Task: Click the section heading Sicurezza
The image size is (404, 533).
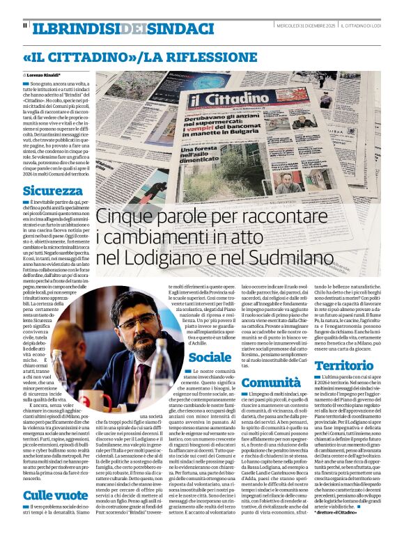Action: click(x=52, y=191)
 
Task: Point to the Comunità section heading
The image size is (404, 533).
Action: click(x=270, y=382)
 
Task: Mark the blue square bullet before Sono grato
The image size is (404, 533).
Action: click(x=25, y=83)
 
